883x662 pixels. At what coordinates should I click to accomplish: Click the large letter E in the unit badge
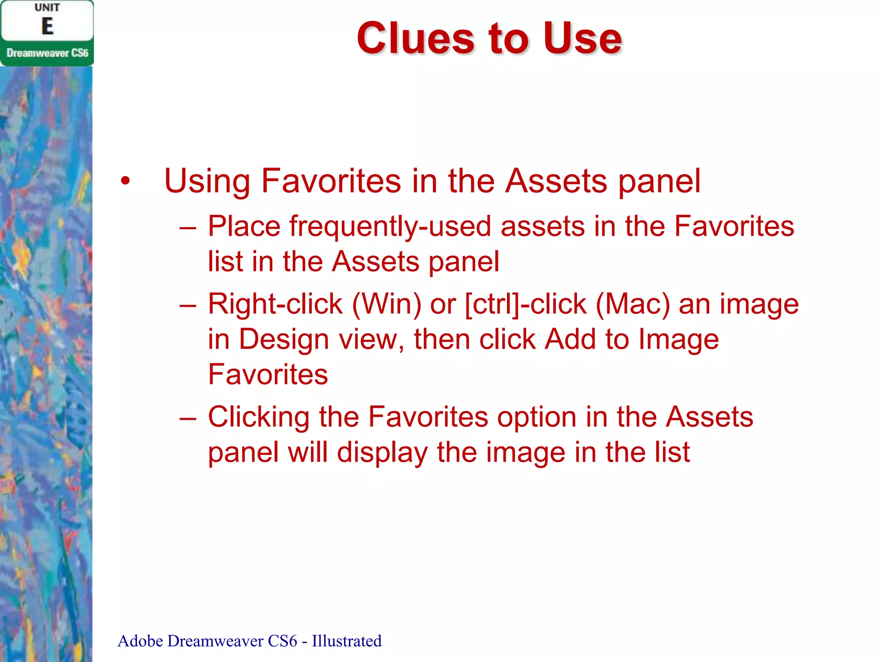[47, 26]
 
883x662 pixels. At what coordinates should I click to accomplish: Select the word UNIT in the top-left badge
[47, 8]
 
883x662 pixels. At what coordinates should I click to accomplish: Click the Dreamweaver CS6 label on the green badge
[47, 53]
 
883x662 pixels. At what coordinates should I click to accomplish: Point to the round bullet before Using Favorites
[125, 181]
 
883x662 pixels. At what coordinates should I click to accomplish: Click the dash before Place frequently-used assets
[188, 227]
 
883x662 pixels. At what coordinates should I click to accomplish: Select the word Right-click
[275, 304]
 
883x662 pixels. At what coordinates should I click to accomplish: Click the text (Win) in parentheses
[386, 304]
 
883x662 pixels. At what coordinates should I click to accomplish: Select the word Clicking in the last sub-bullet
[258, 418]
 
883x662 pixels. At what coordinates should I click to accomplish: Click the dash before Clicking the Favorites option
[188, 418]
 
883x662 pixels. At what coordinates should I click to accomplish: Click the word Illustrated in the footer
[347, 641]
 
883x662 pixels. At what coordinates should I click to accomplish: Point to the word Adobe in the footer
[140, 641]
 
